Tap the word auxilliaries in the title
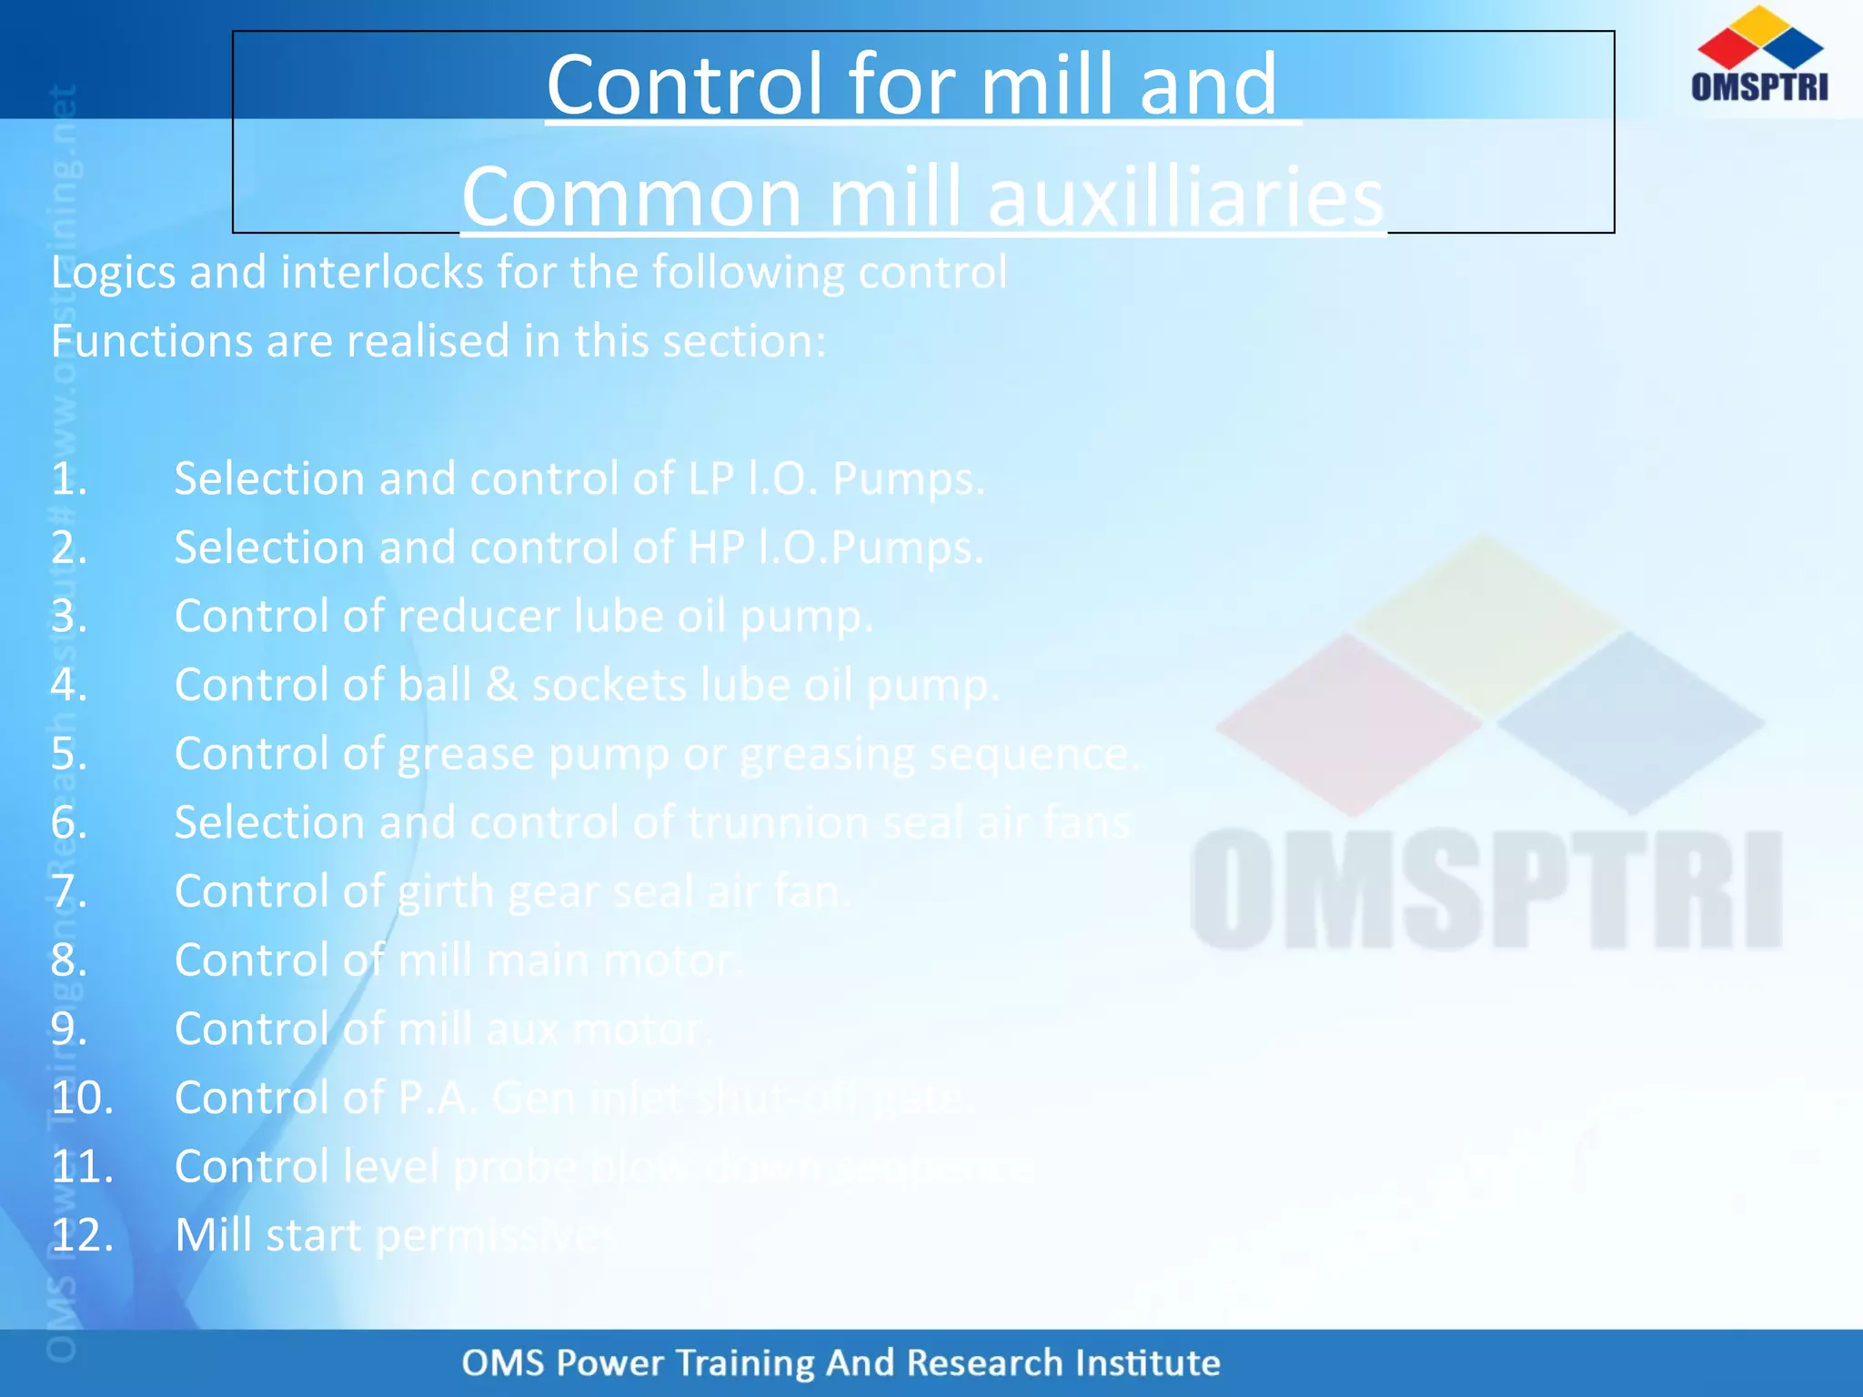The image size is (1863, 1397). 1184,198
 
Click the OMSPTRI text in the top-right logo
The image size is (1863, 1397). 1759,86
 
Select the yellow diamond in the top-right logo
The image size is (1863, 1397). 1761,25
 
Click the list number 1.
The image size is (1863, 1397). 68,479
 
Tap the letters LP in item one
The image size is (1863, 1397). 710,479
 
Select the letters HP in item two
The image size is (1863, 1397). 716,548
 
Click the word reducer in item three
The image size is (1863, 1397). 479,617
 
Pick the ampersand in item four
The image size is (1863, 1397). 501,685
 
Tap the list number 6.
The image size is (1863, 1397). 68,823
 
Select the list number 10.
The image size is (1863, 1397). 82,1098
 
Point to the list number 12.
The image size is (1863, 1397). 82,1235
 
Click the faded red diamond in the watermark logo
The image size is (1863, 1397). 1349,723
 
